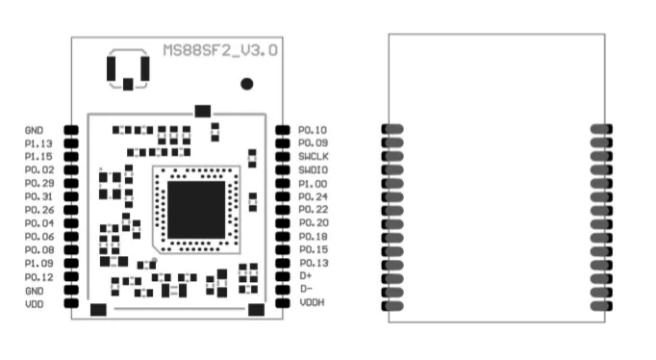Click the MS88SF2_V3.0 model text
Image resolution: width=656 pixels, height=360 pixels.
(220, 49)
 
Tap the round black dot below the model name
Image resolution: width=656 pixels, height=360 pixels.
(247, 84)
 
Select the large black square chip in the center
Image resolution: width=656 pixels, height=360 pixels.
(197, 204)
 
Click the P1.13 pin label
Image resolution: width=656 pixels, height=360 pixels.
(38, 142)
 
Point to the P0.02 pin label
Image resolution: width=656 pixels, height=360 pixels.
(38, 169)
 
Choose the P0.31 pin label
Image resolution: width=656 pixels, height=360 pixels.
(38, 196)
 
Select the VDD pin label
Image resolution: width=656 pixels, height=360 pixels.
(34, 304)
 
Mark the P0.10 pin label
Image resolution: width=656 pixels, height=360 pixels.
(313, 129)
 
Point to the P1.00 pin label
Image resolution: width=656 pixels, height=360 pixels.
(313, 183)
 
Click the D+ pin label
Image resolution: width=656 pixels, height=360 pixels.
(306, 276)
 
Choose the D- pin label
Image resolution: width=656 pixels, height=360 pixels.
(306, 290)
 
